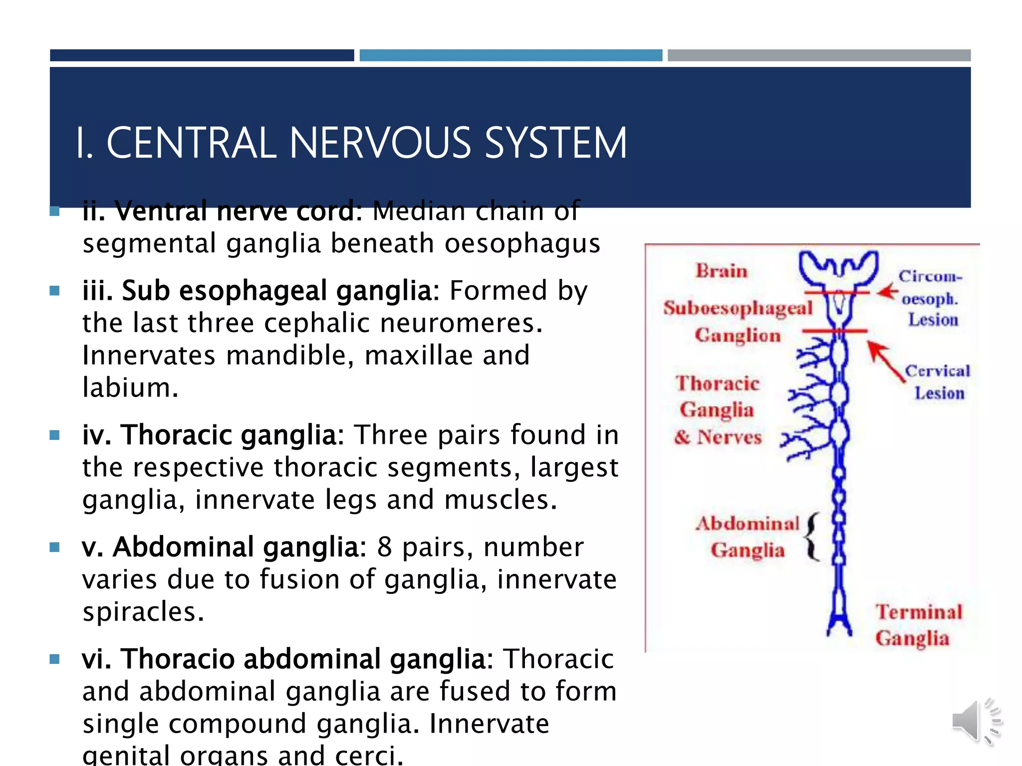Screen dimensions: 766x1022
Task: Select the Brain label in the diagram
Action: [x=722, y=271]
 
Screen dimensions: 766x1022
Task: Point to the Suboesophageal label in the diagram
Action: [x=738, y=308]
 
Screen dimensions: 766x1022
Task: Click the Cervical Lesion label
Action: [x=938, y=382]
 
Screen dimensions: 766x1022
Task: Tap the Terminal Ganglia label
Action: [x=918, y=625]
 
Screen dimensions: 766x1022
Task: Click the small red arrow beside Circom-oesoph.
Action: [x=887, y=292]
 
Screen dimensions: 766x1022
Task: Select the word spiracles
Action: [x=143, y=612]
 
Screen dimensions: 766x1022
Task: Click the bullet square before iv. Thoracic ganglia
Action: [x=55, y=435]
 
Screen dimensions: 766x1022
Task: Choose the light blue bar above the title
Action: [x=511, y=55]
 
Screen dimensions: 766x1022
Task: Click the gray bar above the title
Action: [x=819, y=55]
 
